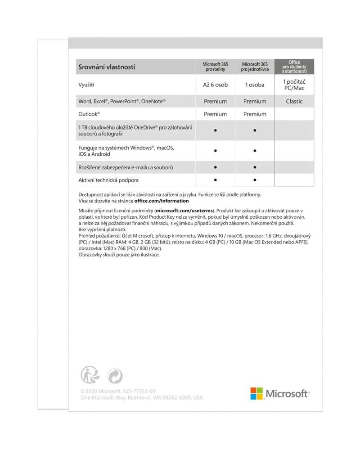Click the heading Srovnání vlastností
pyautogui.click(x=107, y=67)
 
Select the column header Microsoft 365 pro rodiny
pyautogui.click(x=215, y=67)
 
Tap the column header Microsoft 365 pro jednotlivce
pyautogui.click(x=255, y=67)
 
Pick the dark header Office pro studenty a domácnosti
pyautogui.click(x=294, y=67)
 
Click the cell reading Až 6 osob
pyautogui.click(x=215, y=85)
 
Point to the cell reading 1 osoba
pyautogui.click(x=255, y=85)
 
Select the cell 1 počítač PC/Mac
pyautogui.click(x=294, y=85)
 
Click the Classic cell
pyautogui.click(x=294, y=101)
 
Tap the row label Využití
pyautogui.click(x=86, y=85)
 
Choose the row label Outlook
pyautogui.click(x=89, y=114)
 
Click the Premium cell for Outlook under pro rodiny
pyautogui.click(x=215, y=114)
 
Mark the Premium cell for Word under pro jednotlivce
pyautogui.click(x=255, y=101)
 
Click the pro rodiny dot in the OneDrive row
pyautogui.click(x=216, y=130)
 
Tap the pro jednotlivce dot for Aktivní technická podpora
pyautogui.click(x=255, y=180)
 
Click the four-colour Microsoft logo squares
pyautogui.click(x=256, y=393)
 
